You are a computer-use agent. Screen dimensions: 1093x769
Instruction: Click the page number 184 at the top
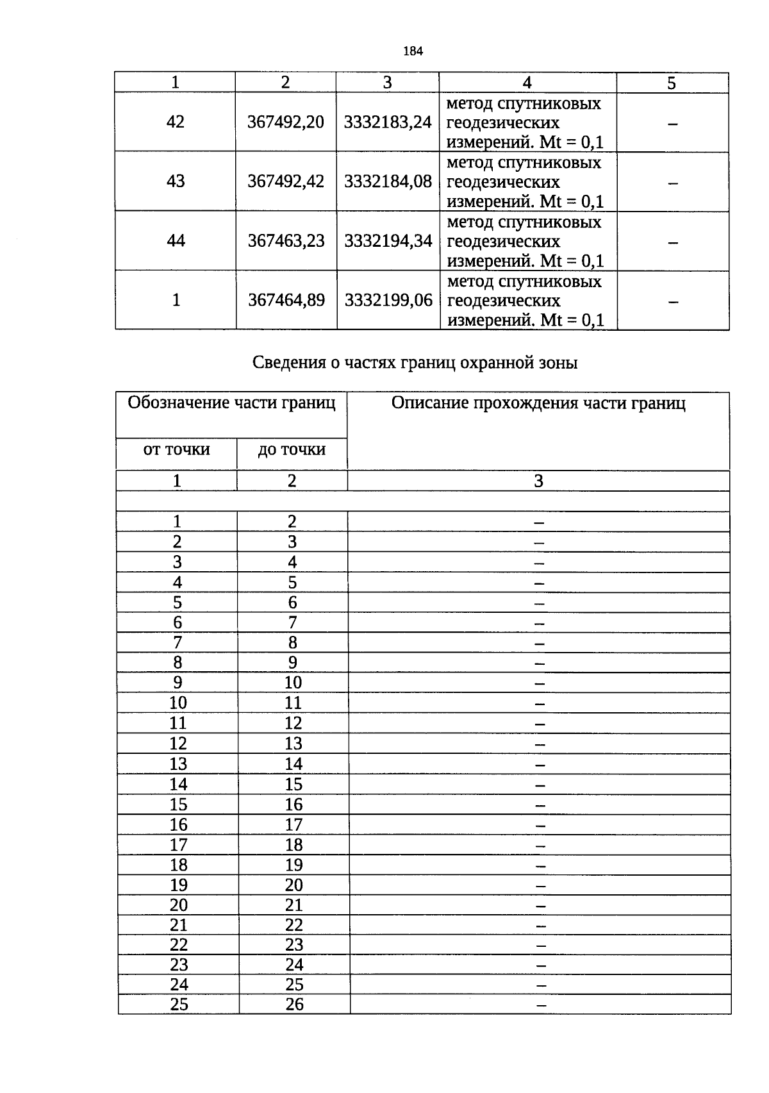tap(413, 51)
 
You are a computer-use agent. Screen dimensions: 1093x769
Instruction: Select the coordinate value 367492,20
tap(286, 122)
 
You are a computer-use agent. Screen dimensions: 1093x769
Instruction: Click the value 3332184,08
tap(388, 181)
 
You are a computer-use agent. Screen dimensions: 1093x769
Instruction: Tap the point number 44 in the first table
tap(176, 240)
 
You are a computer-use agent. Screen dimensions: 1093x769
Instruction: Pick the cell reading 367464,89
tap(286, 300)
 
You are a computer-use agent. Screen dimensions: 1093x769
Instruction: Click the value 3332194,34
tap(388, 241)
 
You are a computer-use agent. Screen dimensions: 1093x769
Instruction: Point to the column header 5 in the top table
tap(672, 83)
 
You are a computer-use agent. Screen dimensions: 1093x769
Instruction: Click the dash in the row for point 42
tap(672, 124)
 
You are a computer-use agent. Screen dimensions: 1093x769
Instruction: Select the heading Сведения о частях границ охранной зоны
tap(415, 363)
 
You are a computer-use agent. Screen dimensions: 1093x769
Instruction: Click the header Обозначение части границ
tap(231, 403)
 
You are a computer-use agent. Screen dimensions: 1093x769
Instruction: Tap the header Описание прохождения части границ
tap(538, 403)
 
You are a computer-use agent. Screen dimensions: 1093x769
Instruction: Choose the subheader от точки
tap(176, 449)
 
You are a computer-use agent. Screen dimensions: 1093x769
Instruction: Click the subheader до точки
tap(292, 450)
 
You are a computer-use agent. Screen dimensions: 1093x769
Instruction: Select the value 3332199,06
tap(388, 300)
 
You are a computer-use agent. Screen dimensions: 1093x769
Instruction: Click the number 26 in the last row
tap(294, 1004)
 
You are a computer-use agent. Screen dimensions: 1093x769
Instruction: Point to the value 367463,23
tap(286, 241)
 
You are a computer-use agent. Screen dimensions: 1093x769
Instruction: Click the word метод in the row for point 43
tap(470, 163)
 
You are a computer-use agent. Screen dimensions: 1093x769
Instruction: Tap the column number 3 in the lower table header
tap(538, 481)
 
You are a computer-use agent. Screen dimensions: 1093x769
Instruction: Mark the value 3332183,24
tap(388, 122)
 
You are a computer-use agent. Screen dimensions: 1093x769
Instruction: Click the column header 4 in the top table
tap(527, 83)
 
